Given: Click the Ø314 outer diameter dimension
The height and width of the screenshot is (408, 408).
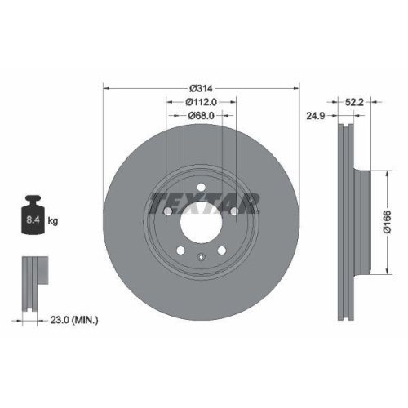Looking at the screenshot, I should [x=201, y=87].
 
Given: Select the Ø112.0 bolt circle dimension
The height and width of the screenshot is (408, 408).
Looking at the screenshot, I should [x=201, y=102].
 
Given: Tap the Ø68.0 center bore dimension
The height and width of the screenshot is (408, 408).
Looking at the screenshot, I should [x=201, y=116].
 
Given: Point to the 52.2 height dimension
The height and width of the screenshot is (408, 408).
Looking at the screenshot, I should [x=354, y=101].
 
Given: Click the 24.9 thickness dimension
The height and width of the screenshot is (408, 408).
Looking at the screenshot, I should [x=314, y=115].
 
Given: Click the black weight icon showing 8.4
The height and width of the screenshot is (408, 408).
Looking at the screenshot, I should [x=33, y=215].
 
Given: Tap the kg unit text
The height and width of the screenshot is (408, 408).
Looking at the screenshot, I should [x=53, y=220].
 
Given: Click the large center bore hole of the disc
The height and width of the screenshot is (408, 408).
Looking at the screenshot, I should [x=201, y=220].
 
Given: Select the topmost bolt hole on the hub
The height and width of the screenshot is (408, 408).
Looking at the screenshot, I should [x=201, y=186].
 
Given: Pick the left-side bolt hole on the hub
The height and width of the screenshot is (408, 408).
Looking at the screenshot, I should [x=167, y=212].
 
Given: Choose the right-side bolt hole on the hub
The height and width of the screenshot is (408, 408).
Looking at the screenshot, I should [x=234, y=212].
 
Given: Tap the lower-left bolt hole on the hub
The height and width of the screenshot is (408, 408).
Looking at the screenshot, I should [x=180, y=249].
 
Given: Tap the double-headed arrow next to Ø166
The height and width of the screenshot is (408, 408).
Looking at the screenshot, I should [x=383, y=220].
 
